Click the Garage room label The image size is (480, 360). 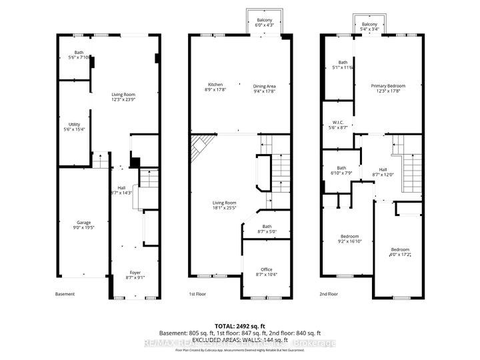83,223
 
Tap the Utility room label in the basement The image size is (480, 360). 74,125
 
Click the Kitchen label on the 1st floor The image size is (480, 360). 215,85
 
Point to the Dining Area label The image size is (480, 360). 264,85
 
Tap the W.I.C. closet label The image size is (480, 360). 338,123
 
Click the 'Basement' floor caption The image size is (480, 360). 65,294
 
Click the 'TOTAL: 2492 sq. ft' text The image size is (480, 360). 240,325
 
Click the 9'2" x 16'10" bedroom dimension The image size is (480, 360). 350,241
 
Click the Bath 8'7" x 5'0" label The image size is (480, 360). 267,229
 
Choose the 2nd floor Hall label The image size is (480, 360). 383,172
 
